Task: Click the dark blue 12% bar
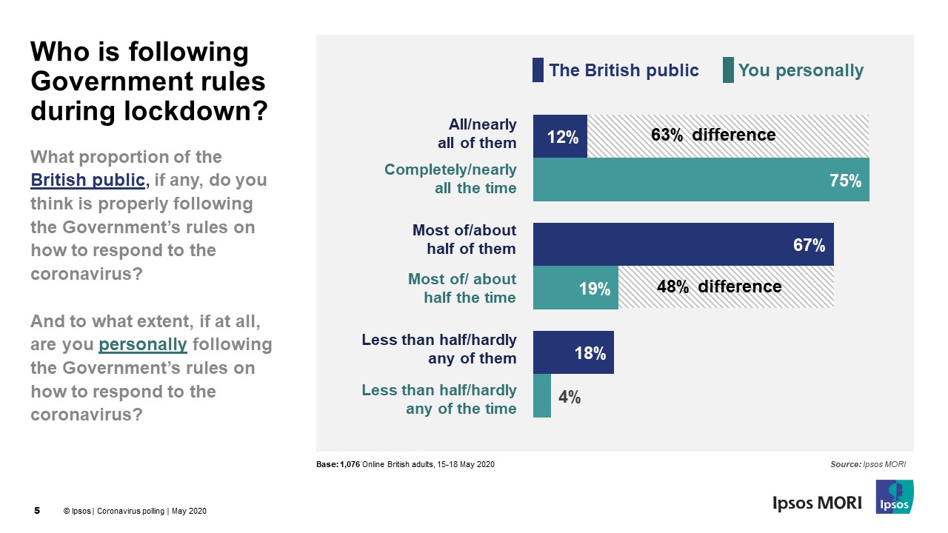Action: click(560, 136)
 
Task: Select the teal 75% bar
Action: click(701, 179)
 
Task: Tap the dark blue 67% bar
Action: click(683, 244)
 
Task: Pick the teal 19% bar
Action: click(575, 287)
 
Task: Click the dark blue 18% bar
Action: click(573, 352)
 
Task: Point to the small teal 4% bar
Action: click(542, 395)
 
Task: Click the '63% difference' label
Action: click(713, 135)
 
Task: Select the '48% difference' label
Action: click(718, 286)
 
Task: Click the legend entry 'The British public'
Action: click(623, 70)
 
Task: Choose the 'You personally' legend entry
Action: click(800, 70)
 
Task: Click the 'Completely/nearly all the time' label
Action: click(450, 179)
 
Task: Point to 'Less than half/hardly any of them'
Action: click(439, 349)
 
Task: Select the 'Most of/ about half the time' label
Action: click(462, 287)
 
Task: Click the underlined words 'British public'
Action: click(87, 180)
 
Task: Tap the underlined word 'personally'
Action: click(142, 344)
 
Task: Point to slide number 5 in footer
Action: click(38, 511)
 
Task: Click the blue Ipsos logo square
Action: click(894, 497)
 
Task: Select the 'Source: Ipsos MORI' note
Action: click(868, 464)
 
